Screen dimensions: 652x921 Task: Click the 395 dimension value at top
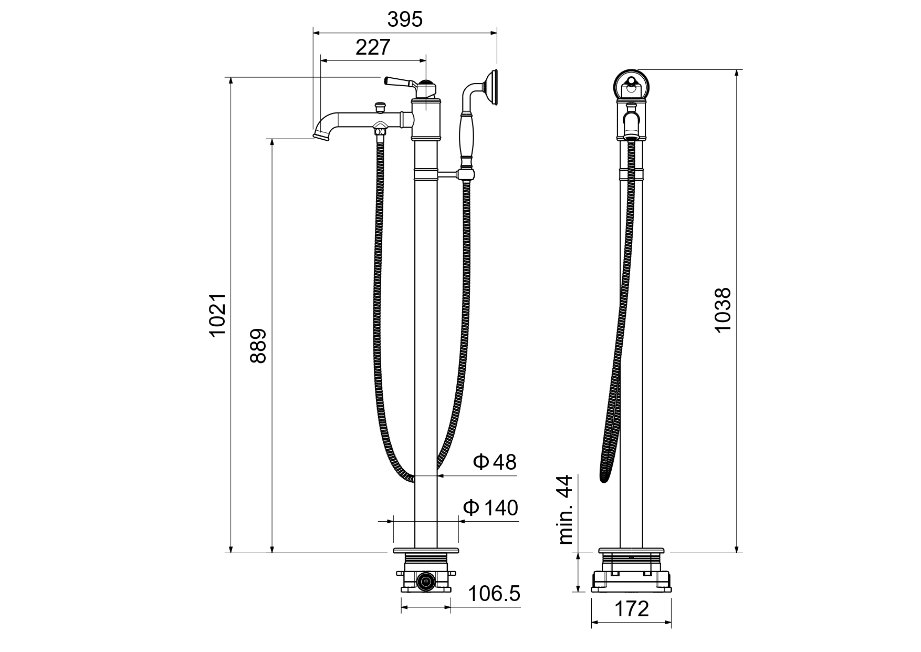coord(404,19)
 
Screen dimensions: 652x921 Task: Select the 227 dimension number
coord(373,47)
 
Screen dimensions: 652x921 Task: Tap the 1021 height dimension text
coord(217,315)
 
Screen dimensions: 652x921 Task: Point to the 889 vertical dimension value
coord(258,346)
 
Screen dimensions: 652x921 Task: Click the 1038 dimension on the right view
coord(723,310)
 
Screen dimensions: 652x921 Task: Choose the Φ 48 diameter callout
coord(495,462)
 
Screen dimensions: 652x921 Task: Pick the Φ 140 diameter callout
coord(490,508)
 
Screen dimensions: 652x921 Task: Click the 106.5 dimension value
coord(494,594)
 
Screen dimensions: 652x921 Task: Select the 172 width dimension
coord(631,609)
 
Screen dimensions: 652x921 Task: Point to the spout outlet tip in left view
coord(321,137)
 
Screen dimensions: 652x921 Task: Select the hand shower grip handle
coord(466,137)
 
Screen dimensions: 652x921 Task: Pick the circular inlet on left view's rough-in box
coord(425,581)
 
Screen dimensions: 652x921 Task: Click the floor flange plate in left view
coord(426,551)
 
